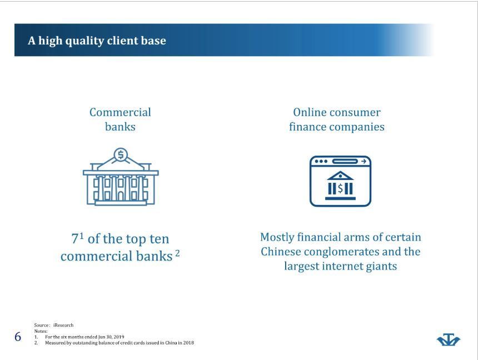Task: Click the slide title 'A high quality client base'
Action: pos(97,41)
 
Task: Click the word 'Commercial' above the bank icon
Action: pos(120,112)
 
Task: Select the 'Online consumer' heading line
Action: pos(337,112)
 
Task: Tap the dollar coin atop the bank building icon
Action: pos(121,155)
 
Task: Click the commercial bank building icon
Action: pos(121,177)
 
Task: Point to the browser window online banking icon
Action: pos(340,181)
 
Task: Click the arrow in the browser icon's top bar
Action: pos(364,161)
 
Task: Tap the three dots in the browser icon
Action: pos(321,161)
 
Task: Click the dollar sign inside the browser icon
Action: pos(340,188)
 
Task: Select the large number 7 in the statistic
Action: pos(75,239)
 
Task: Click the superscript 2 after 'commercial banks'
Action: pos(177,253)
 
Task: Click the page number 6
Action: pos(18,337)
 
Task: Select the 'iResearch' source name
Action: pos(63,325)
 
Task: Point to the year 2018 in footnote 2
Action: pos(189,343)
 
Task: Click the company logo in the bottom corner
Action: pos(449,339)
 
